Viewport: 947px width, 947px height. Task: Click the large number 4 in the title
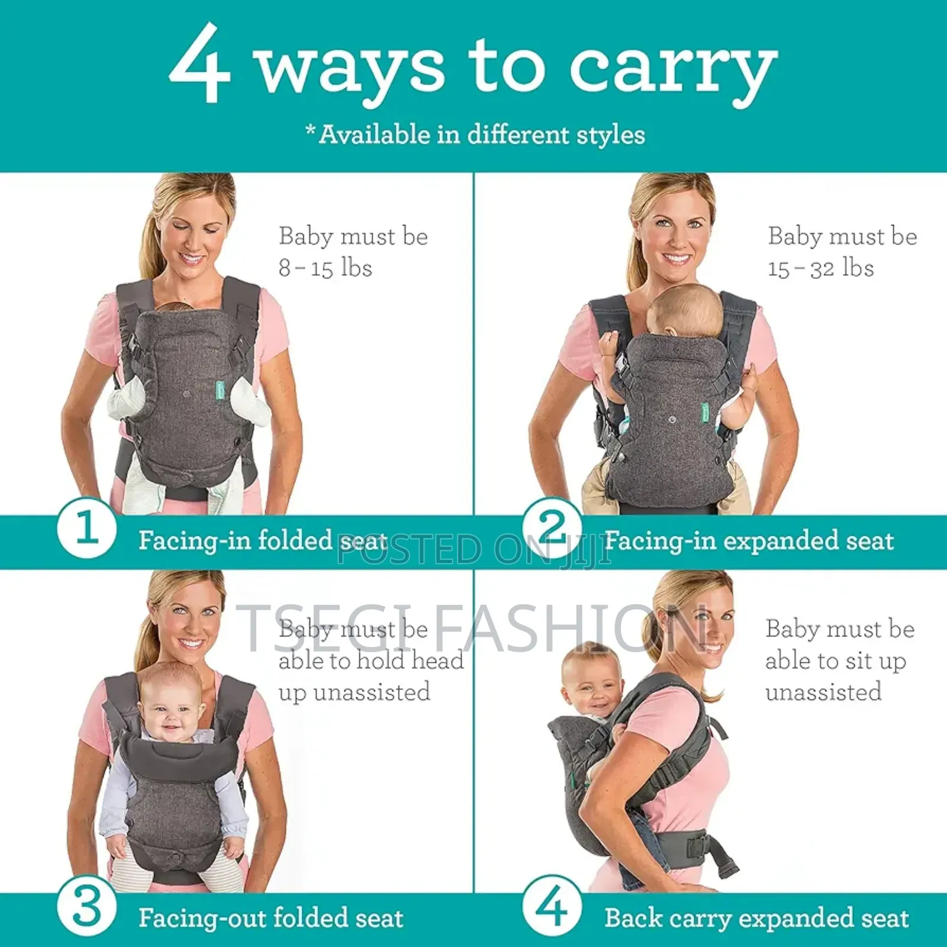tap(199, 64)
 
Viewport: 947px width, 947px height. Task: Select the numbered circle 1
tap(86, 527)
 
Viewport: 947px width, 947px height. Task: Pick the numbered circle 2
tap(552, 527)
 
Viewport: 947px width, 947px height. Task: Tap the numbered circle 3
tap(86, 906)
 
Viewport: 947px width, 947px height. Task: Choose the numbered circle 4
tap(552, 906)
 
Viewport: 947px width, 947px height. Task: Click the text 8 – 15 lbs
tap(326, 268)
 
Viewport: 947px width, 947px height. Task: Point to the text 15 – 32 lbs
tap(821, 268)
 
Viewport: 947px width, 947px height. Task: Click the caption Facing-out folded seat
tap(270, 918)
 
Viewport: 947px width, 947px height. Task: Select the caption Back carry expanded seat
tap(756, 918)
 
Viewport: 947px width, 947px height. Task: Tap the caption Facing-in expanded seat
tap(749, 540)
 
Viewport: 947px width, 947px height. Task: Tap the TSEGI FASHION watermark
tap(474, 627)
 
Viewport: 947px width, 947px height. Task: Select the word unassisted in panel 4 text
tap(823, 691)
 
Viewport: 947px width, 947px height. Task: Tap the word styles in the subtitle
tap(610, 134)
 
